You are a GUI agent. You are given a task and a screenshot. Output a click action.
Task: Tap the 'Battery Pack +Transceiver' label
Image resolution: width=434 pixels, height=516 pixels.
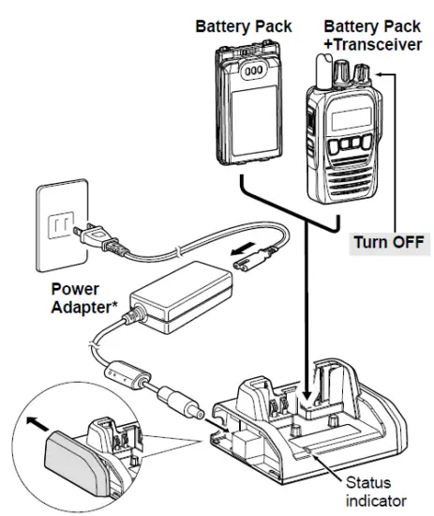pyautogui.click(x=358, y=36)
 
